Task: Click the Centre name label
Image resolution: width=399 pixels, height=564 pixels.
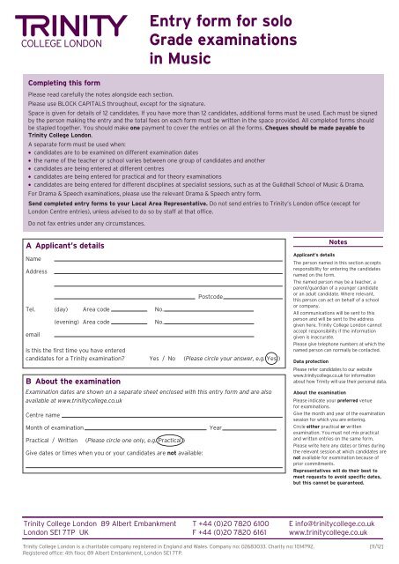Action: tap(43, 413)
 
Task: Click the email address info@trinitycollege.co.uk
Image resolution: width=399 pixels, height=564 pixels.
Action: tap(332, 523)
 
